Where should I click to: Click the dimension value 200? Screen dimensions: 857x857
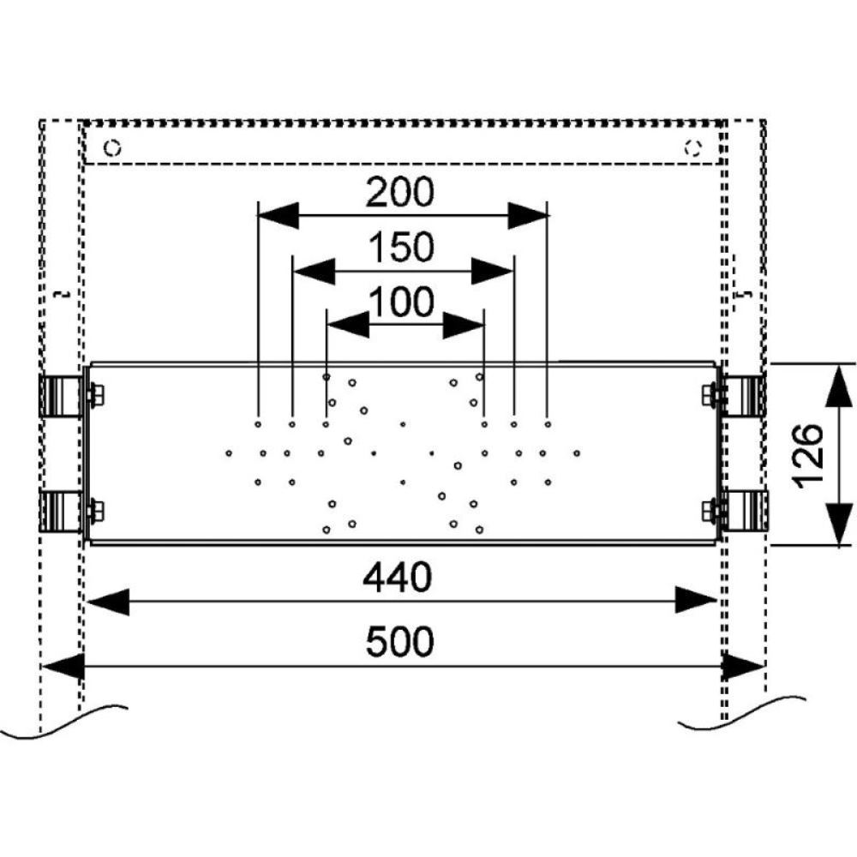400,194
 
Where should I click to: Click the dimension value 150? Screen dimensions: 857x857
402,249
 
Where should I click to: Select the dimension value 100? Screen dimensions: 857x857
401,302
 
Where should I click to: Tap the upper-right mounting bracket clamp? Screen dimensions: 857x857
744,395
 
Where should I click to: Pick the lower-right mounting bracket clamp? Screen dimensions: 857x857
744,511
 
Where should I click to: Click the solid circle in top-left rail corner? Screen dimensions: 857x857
112,147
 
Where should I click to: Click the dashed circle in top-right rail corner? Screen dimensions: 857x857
692,147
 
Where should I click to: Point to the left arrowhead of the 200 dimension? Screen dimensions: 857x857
278,215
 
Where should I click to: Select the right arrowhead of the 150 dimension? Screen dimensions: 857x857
492,272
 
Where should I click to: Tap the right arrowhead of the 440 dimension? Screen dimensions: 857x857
695,601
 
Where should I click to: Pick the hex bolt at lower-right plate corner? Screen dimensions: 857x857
709,512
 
